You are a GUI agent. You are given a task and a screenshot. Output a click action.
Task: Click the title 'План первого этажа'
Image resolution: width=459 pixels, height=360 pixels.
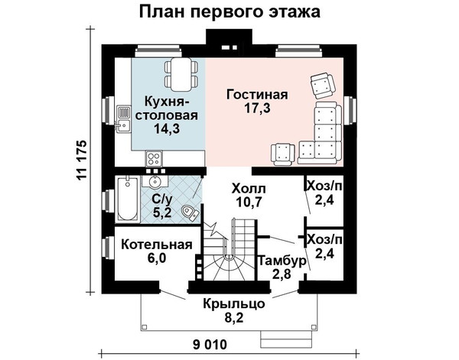[x=229, y=12]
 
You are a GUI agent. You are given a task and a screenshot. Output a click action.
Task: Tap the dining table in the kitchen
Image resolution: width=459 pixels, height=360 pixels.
[x=181, y=75]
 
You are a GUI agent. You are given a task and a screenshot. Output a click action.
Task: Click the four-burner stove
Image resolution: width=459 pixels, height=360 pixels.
[x=154, y=159]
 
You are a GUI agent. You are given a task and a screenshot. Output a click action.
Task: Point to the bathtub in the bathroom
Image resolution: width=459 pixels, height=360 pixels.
[x=128, y=199]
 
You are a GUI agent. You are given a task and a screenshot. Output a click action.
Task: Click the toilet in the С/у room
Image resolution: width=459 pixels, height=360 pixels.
[x=190, y=212]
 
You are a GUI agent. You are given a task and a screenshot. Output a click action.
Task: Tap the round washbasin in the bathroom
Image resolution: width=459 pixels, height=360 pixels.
[x=155, y=181]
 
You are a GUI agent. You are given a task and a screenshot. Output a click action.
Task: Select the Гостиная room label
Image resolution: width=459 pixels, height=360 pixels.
[x=257, y=95]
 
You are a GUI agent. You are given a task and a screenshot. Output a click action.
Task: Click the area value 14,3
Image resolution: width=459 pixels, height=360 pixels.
[x=167, y=128]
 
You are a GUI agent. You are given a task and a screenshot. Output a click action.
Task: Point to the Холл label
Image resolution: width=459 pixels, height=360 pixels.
[x=249, y=189]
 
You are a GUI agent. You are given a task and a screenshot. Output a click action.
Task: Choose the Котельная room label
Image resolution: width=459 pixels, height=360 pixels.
[x=157, y=245]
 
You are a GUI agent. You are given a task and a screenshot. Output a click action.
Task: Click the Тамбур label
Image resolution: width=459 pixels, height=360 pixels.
[x=282, y=260]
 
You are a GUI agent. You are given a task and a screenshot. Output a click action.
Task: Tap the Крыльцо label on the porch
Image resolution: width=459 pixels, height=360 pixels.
[x=234, y=304]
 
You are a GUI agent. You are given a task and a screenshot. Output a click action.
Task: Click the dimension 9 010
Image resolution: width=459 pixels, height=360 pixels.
[x=210, y=345]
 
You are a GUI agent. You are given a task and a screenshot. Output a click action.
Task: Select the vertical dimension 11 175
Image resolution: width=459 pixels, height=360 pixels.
[x=81, y=160]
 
